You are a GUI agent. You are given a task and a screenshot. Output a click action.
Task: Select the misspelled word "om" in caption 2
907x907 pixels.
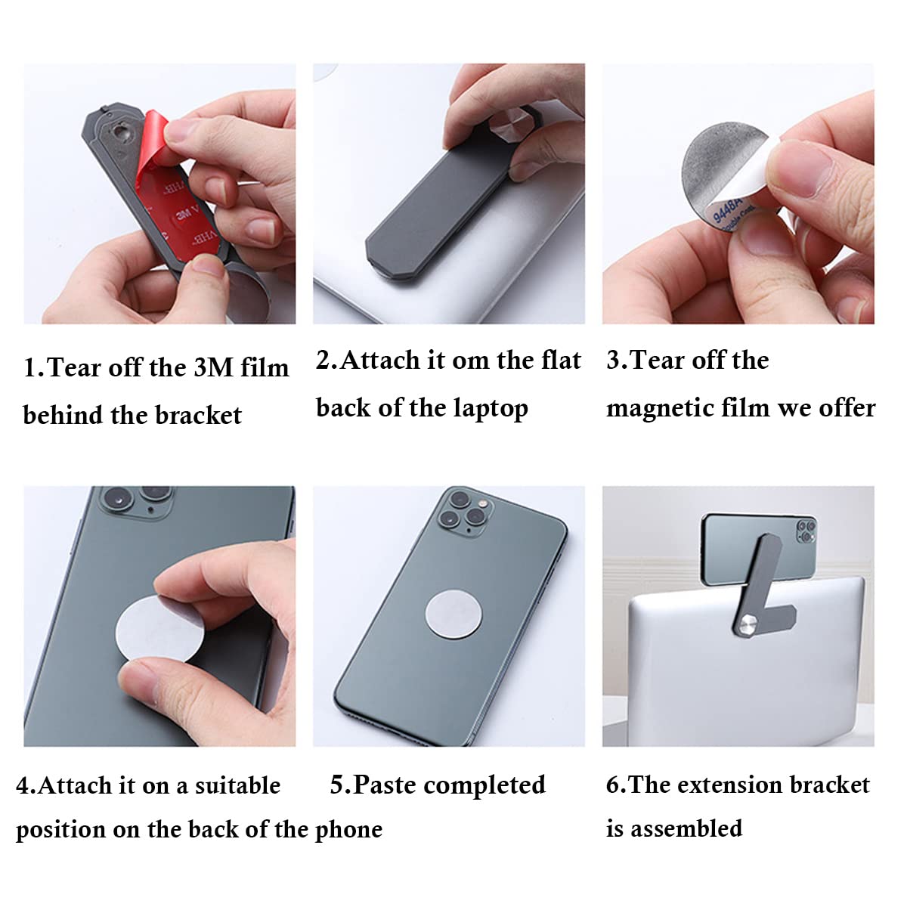[x=472, y=361]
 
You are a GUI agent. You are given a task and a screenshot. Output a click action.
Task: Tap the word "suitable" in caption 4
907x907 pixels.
[x=237, y=785]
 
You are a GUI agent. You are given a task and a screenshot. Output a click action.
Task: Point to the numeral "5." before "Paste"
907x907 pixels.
[x=340, y=785]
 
